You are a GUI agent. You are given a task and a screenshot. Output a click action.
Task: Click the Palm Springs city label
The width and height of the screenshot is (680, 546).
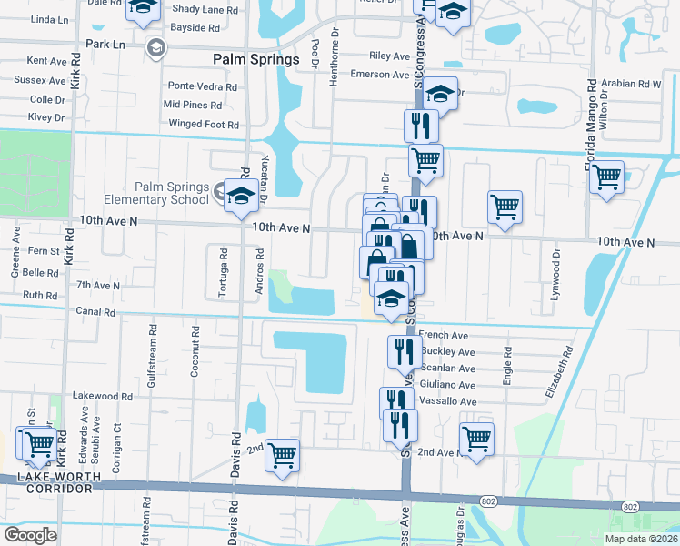(x=255, y=59)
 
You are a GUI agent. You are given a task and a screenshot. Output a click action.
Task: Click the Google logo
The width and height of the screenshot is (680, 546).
(x=31, y=535)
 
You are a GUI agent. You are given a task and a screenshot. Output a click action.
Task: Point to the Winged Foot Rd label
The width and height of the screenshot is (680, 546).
(x=203, y=125)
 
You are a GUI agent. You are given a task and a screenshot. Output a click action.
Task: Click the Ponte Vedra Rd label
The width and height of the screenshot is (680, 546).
(x=202, y=86)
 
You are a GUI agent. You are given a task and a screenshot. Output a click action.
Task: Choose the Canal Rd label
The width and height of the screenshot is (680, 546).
(x=96, y=312)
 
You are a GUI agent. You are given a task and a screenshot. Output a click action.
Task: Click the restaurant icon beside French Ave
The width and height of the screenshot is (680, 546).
(x=404, y=350)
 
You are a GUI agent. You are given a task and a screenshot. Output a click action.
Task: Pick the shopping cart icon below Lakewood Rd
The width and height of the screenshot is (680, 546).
(x=283, y=454)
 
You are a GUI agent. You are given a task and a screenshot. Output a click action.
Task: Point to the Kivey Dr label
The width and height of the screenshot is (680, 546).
(x=47, y=117)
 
